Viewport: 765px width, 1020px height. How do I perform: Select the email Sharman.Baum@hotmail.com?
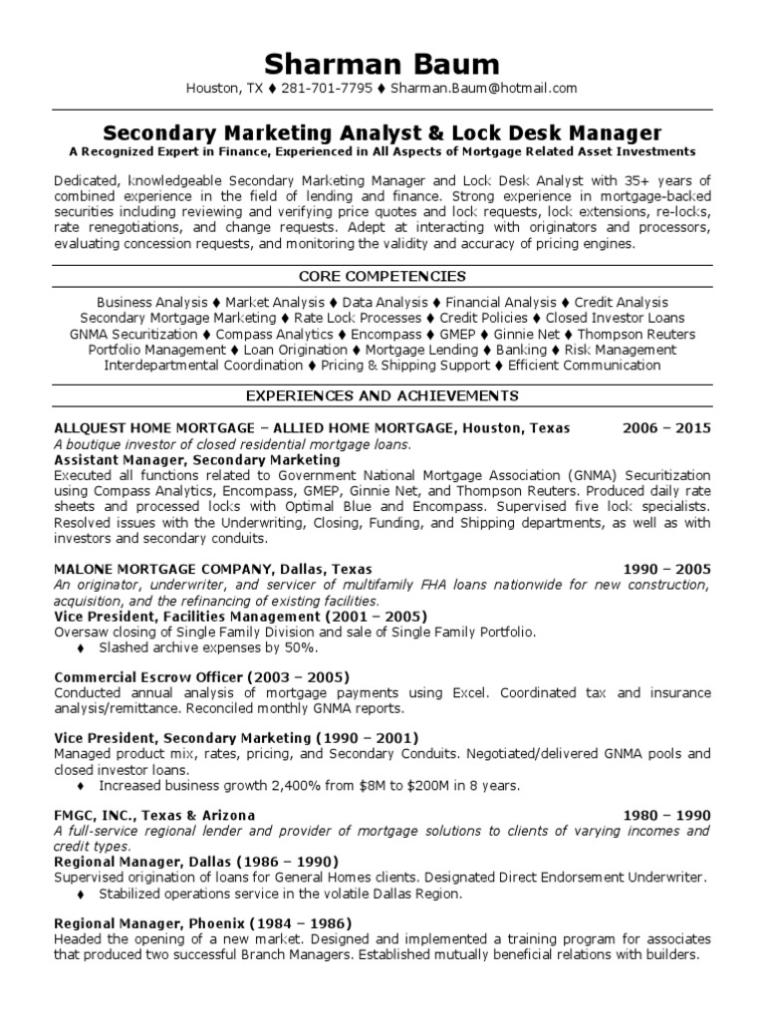tap(484, 89)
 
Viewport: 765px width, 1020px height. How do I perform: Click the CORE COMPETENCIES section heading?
tap(382, 276)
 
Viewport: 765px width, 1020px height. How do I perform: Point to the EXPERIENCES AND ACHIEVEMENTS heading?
tap(382, 396)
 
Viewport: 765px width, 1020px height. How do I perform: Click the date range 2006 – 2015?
tap(666, 428)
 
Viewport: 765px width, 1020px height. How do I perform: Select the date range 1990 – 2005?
tap(666, 569)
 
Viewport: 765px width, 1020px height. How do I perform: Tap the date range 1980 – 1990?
tap(666, 815)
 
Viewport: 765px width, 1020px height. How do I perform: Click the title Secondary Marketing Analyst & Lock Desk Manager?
tap(382, 132)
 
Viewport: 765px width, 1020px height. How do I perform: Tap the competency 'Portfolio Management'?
tap(157, 350)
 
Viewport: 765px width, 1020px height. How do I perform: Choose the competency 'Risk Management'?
tap(621, 350)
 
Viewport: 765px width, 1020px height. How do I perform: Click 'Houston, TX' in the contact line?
tap(225, 89)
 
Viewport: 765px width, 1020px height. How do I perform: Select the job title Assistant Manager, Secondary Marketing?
tap(196, 460)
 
